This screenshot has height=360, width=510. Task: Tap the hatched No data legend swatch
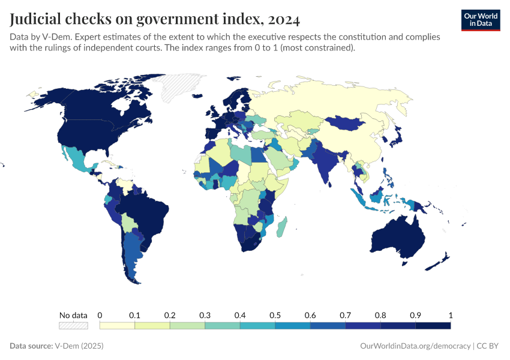(x=73, y=325)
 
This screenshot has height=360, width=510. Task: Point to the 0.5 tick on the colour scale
(x=275, y=315)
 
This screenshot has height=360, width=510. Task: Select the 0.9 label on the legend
(x=415, y=315)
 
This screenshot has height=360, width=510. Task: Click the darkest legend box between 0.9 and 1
(x=433, y=325)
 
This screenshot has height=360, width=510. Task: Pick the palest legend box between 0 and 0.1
(x=117, y=325)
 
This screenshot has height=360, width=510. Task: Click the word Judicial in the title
(x=37, y=19)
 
